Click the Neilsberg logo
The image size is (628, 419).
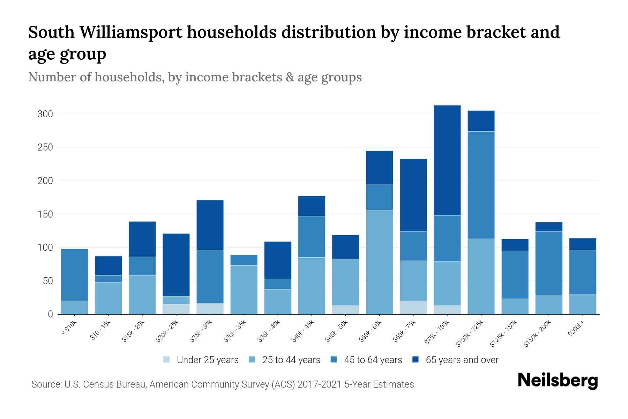point(558,381)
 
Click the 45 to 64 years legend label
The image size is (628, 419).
point(373,360)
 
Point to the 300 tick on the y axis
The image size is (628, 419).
point(45,114)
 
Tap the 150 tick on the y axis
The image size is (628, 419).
point(45,214)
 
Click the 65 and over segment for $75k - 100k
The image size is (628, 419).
point(447,160)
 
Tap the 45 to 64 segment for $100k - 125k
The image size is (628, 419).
point(481,185)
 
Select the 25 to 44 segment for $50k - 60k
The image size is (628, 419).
point(379,262)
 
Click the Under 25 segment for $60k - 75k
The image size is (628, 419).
point(413,307)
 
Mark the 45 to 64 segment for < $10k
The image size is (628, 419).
point(74,275)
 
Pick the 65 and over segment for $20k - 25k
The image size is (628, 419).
point(176,265)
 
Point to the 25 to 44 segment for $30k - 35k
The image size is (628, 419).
point(244,290)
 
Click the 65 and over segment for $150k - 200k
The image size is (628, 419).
point(548,227)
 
